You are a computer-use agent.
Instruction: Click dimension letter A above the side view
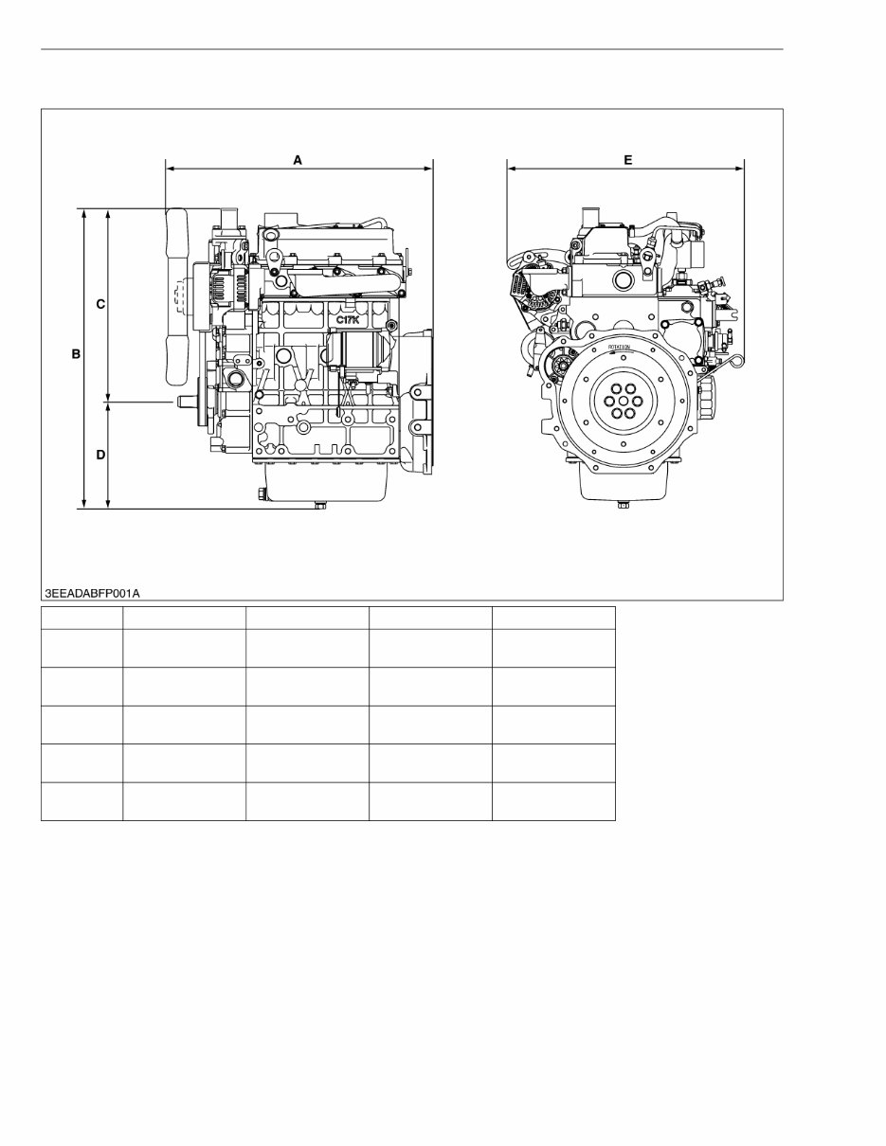click(x=298, y=160)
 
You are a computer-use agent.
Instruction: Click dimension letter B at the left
click(x=75, y=354)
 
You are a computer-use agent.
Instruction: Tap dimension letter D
click(x=100, y=456)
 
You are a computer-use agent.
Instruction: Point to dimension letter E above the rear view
click(x=627, y=160)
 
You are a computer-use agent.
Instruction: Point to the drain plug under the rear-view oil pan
click(x=623, y=505)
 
